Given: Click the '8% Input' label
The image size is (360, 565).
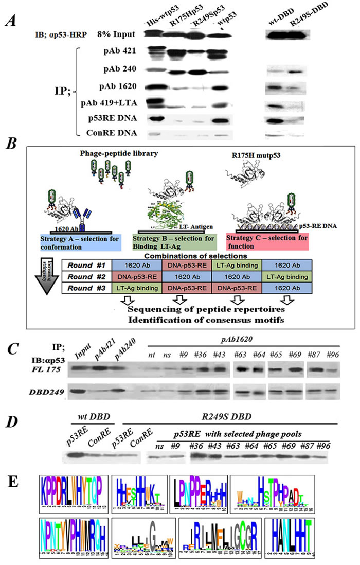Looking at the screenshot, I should click(116, 33).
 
